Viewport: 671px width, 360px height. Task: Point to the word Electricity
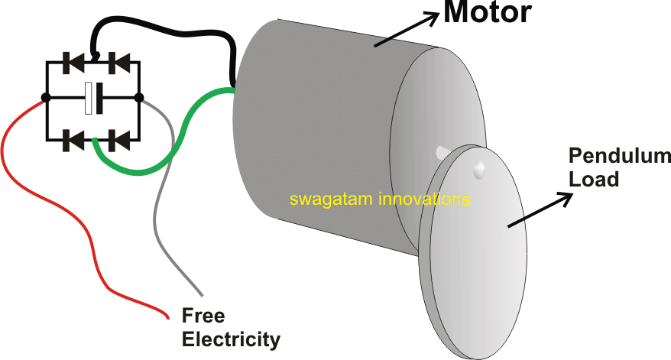(x=231, y=338)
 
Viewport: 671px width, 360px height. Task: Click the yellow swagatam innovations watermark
(x=380, y=199)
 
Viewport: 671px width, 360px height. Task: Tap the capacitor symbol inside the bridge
(x=93, y=98)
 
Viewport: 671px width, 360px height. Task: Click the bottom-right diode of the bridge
(x=114, y=139)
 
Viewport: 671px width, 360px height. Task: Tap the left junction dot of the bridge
(x=47, y=98)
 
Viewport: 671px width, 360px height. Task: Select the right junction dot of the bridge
(x=139, y=98)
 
